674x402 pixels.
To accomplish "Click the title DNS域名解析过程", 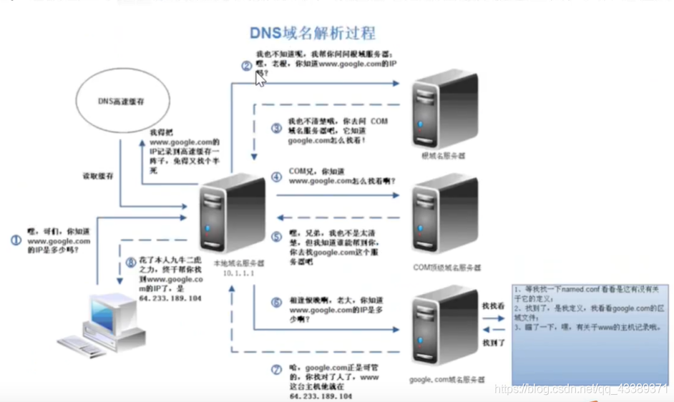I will [312, 33].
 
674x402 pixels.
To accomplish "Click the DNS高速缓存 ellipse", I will [122, 102].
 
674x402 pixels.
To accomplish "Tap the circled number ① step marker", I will [16, 241].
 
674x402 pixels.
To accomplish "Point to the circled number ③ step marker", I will [276, 128].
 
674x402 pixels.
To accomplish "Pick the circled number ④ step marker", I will [276, 176].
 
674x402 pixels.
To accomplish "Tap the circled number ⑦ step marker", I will [276, 370].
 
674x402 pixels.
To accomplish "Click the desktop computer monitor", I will [113, 314].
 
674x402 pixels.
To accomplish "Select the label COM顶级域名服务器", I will [447, 267].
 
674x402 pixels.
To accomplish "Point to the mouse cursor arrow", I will [259, 79].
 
